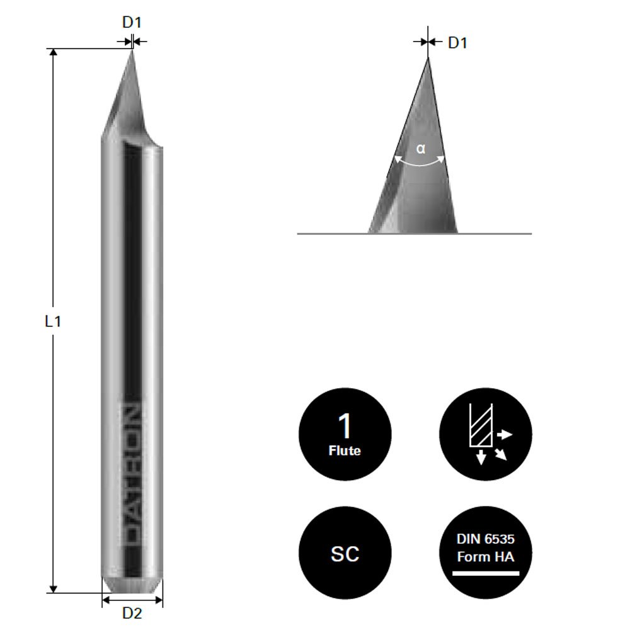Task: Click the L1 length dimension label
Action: click(x=53, y=321)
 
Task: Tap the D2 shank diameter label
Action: click(x=132, y=612)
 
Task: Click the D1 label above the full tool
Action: click(x=132, y=22)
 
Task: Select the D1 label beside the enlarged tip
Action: click(x=457, y=43)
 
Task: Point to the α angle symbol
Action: click(x=421, y=149)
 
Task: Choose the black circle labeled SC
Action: click(x=345, y=553)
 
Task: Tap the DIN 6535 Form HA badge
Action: click(x=485, y=553)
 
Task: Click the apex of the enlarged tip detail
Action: click(x=428, y=59)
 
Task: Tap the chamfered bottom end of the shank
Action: click(x=132, y=585)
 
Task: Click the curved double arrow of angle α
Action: click(x=420, y=164)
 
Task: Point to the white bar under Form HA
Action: click(x=485, y=573)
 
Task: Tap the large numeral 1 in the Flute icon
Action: click(x=345, y=427)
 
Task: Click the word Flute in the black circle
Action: click(x=345, y=451)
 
